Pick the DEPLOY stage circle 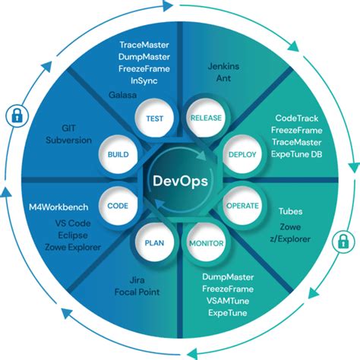pos(242,154)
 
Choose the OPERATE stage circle pos(242,206)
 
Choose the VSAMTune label pos(230,302)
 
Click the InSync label pos(144,81)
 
